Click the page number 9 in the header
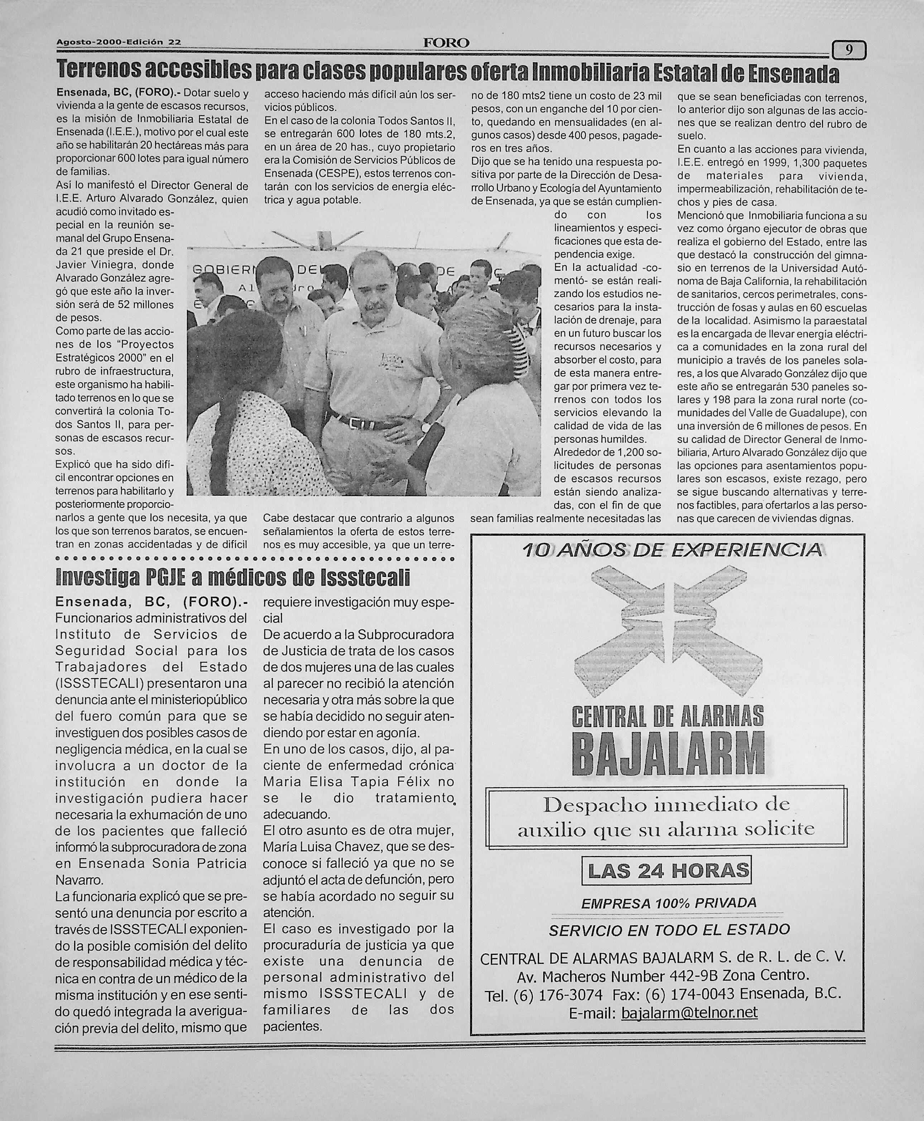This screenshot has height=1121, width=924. (849, 50)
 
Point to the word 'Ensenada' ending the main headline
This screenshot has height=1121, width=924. (794, 74)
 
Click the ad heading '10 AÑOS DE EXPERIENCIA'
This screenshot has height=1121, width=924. (672, 550)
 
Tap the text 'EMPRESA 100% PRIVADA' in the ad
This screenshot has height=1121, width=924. (669, 903)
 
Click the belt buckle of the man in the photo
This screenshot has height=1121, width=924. (367, 424)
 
